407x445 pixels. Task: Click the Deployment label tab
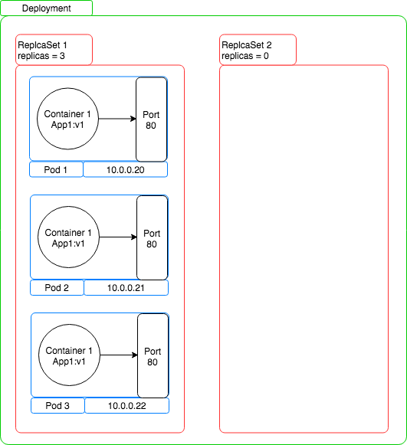pyautogui.click(x=46, y=8)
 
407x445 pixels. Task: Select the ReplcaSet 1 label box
pyautogui.click(x=54, y=50)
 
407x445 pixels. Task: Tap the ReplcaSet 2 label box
pyautogui.click(x=258, y=50)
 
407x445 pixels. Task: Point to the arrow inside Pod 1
pyautogui.click(x=117, y=119)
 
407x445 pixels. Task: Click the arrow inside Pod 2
pyautogui.click(x=118, y=237)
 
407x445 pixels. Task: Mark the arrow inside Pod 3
pyautogui.click(x=119, y=355)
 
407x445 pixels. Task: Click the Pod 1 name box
pyautogui.click(x=56, y=170)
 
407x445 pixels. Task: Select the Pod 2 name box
pyautogui.click(x=57, y=288)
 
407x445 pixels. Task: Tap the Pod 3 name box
pyautogui.click(x=57, y=406)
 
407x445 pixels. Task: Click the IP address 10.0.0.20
pyautogui.click(x=125, y=170)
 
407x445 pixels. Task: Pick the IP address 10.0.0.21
pyautogui.click(x=126, y=288)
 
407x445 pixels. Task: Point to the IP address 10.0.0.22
pyautogui.click(x=127, y=406)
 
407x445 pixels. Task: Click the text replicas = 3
pyautogui.click(x=41, y=56)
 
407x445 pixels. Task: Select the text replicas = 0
pyautogui.click(x=245, y=56)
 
